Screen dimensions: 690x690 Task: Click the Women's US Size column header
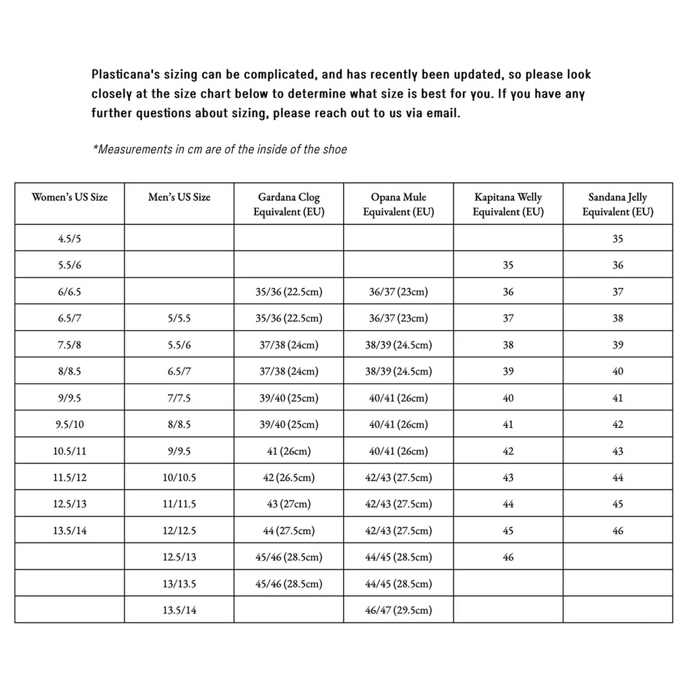[x=69, y=197]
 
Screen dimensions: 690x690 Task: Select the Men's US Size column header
[x=179, y=197]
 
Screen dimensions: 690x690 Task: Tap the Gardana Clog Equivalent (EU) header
[x=288, y=204]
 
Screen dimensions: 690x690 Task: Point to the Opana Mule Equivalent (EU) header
[x=398, y=204]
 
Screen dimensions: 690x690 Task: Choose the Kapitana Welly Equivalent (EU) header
[x=507, y=204]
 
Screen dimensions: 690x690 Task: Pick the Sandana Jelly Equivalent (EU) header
[x=617, y=204]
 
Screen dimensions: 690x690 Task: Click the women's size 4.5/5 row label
[x=69, y=239]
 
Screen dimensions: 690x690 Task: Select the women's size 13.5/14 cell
[x=69, y=531]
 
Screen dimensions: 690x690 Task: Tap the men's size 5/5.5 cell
[x=179, y=318]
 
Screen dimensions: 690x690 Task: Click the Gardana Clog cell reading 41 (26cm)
[x=288, y=451]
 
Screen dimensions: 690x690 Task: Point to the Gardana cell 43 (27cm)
[x=288, y=505]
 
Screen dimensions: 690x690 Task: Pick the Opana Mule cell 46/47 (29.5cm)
[x=398, y=610]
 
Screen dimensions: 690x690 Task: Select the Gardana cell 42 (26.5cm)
[x=288, y=478]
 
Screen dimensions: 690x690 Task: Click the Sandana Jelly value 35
[x=617, y=239]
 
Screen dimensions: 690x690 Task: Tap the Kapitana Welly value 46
[x=507, y=557]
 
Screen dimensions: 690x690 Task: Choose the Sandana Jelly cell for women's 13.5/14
[x=617, y=531]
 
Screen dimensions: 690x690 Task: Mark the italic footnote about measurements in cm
[x=220, y=150]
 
